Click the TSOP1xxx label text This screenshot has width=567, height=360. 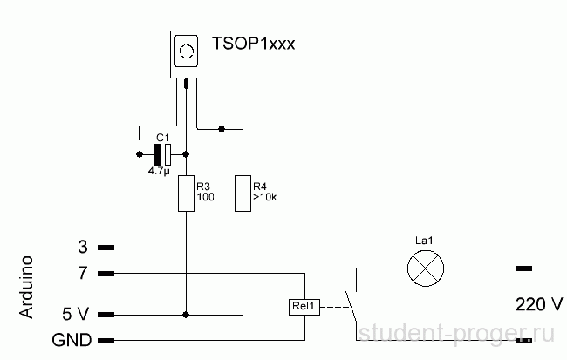(254, 44)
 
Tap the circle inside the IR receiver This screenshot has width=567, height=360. (187, 51)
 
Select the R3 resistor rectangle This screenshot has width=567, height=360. (186, 194)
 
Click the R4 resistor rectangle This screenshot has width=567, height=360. (243, 194)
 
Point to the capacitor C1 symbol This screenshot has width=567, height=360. (163, 154)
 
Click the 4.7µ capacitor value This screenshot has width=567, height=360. (159, 171)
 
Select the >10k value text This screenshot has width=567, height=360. (265, 197)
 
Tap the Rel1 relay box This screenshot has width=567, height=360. (304, 307)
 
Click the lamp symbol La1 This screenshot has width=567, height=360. (426, 268)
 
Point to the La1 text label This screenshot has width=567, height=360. (424, 241)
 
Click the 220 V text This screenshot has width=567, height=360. (539, 304)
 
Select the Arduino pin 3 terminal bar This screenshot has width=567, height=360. (106, 248)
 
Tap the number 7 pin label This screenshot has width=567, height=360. (83, 273)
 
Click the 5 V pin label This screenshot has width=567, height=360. (75, 314)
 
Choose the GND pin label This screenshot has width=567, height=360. (72, 340)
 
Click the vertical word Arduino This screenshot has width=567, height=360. (27, 287)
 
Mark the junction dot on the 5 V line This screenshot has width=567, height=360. (186, 315)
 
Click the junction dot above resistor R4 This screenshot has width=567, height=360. (222, 129)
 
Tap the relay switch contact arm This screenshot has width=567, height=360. (351, 306)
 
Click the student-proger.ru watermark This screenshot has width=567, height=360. (456, 333)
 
